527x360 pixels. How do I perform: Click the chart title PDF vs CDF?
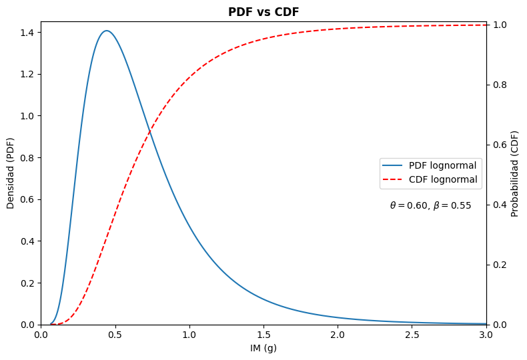[x=263, y=12]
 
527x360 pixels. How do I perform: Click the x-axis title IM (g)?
[x=263, y=348]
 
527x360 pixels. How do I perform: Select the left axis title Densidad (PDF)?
[x=11, y=173]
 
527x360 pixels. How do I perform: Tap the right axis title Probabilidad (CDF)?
[x=515, y=173]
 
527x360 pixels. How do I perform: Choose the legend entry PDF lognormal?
[x=442, y=165]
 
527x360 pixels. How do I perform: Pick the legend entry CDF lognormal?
[x=442, y=179]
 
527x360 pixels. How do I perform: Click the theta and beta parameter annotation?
[x=430, y=206]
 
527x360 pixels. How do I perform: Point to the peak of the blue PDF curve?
[x=106, y=31]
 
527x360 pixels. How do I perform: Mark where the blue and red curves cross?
[x=150, y=130]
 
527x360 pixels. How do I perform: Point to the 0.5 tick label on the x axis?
[x=115, y=335]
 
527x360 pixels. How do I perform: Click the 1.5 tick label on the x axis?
[x=263, y=335]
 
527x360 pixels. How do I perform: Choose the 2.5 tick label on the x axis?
[x=412, y=335]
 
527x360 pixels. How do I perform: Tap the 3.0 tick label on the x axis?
[x=486, y=335]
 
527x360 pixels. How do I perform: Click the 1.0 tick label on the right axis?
[x=499, y=25]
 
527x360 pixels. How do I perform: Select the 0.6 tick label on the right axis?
[x=499, y=145]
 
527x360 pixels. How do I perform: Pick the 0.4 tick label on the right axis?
[x=499, y=205]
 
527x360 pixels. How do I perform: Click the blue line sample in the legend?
[x=393, y=165]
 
